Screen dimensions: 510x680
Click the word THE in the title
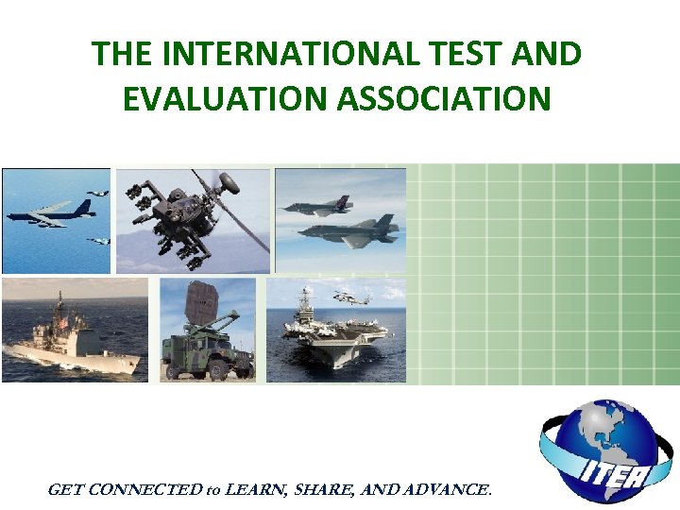[x=124, y=55]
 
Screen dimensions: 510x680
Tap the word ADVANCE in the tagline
[x=446, y=489]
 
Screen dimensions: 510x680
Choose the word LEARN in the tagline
[x=255, y=489]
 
